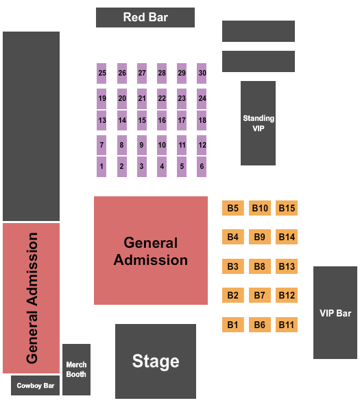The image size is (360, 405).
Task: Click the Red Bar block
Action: point(145,17)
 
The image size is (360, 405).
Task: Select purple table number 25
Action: point(101,73)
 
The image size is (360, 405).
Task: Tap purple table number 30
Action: point(202,73)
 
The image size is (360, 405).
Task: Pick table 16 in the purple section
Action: point(162,120)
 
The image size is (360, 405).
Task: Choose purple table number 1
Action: point(101,167)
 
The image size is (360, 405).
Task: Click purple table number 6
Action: point(202,167)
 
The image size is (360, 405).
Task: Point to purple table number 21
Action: point(142,99)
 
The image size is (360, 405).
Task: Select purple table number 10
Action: point(162,145)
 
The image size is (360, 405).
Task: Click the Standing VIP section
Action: point(258,123)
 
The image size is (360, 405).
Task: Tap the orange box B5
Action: point(233,208)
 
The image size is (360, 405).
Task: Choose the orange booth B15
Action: point(287,208)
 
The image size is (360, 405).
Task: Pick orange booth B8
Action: point(260,266)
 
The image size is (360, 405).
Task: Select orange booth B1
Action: point(233,325)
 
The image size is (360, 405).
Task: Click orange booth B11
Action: point(287,325)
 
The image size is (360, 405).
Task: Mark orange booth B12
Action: point(287,295)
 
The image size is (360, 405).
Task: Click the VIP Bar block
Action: point(335,312)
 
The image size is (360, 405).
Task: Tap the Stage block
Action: point(156,361)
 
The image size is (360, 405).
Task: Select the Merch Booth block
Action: point(76,369)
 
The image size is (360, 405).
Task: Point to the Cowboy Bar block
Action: point(36,385)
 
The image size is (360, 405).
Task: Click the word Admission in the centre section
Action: point(151,260)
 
